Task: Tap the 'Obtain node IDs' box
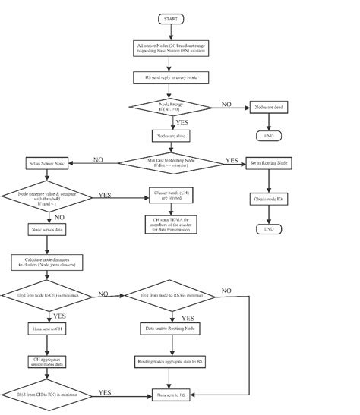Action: pyautogui.click(x=268, y=200)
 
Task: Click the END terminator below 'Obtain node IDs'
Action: pyautogui.click(x=268, y=228)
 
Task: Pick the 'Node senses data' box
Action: pyautogui.click(x=47, y=229)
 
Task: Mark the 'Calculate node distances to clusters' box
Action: pyautogui.click(x=47, y=263)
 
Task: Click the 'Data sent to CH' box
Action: pyautogui.click(x=47, y=329)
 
